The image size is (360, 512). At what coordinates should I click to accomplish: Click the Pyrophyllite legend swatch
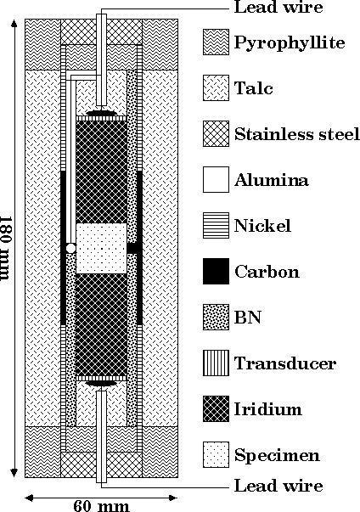[216, 42]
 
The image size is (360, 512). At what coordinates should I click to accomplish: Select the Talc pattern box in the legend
[216, 87]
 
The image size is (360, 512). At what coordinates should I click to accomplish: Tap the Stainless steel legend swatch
[216, 133]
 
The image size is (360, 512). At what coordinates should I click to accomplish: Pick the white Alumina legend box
[216, 180]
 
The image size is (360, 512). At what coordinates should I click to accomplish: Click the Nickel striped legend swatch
[216, 225]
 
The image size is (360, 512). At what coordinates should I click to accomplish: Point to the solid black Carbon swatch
[216, 272]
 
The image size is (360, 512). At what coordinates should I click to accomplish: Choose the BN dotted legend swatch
[216, 317]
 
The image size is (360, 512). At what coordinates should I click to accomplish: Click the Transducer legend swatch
[216, 363]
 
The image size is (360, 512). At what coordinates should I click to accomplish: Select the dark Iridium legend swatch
[216, 408]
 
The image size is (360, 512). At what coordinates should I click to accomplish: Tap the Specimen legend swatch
[216, 455]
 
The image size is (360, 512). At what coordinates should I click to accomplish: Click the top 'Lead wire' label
[278, 7]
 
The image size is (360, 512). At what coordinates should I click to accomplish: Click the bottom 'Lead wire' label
[278, 486]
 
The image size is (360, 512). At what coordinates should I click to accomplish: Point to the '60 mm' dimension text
[101, 506]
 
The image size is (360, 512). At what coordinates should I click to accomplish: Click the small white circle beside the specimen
[70, 248]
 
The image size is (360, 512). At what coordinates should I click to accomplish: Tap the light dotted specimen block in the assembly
[101, 249]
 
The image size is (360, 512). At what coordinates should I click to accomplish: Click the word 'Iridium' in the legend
[267, 409]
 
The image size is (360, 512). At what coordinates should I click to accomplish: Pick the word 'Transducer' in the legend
[285, 363]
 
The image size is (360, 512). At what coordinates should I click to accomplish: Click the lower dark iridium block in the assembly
[101, 324]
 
